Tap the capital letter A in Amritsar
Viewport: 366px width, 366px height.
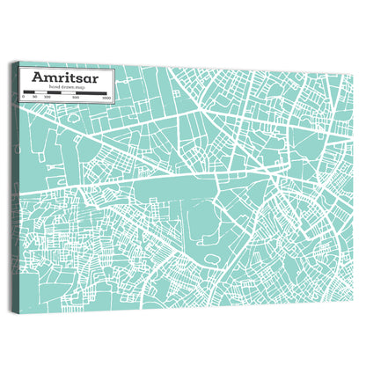pos(39,77)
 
